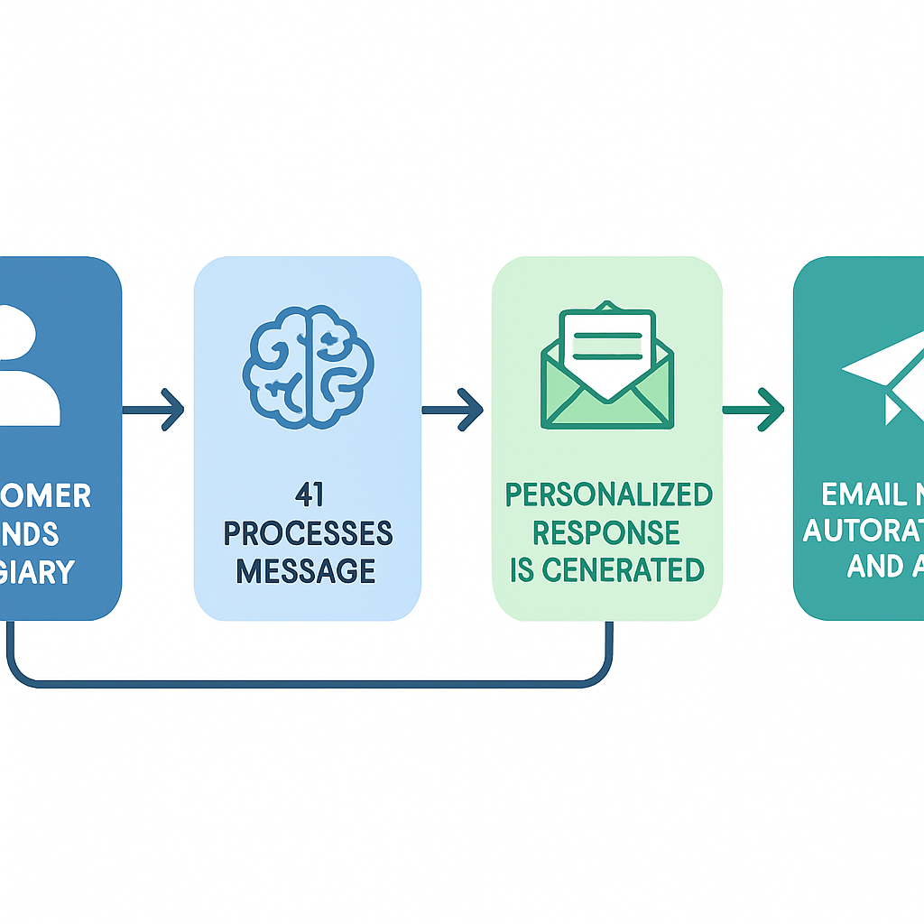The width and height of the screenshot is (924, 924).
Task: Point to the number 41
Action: (x=308, y=495)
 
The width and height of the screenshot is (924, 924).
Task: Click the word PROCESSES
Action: (x=308, y=533)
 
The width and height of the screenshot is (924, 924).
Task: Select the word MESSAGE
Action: (x=308, y=570)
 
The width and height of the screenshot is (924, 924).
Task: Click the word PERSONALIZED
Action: (x=608, y=494)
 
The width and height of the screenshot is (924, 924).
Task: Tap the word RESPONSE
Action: (x=606, y=532)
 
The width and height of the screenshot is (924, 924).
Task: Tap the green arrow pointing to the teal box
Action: (x=753, y=410)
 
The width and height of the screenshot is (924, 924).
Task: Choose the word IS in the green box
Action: (x=522, y=569)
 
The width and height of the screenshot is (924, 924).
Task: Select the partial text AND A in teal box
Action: (x=880, y=566)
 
